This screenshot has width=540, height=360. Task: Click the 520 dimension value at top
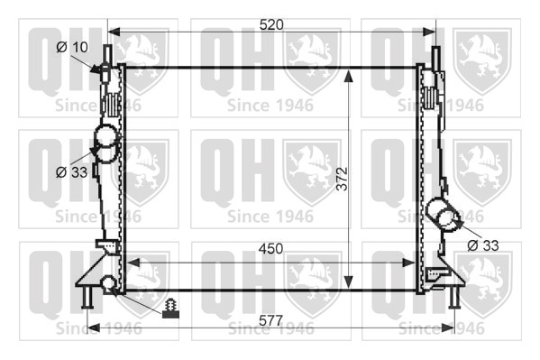271,25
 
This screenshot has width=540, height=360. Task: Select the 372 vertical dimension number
343,179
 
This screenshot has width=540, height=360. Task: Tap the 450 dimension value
270,249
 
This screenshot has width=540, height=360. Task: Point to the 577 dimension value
270,320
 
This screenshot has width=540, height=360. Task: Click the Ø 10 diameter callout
72,47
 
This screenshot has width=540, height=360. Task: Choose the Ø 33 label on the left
71,172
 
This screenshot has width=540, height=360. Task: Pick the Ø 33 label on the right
483,245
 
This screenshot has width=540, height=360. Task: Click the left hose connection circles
106,143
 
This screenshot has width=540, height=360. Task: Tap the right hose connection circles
443,214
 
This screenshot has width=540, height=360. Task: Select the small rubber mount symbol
170,309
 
